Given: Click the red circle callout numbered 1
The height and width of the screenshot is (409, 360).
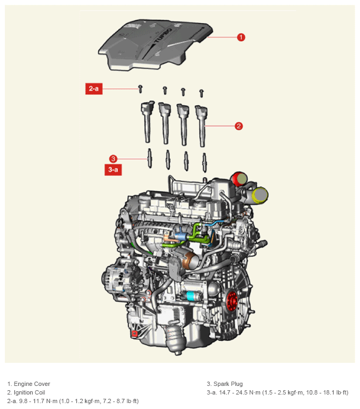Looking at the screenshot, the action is (241, 37).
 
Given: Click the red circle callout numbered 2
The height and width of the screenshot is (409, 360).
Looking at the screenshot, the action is (239, 126).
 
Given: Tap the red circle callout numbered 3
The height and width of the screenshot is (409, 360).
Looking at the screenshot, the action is (113, 159).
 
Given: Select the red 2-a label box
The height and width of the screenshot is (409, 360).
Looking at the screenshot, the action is (94, 89).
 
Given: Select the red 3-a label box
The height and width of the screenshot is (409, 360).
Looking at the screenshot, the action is (113, 170).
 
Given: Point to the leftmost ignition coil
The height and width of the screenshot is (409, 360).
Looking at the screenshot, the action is (148, 121).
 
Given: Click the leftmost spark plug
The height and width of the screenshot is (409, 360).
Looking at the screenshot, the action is (149, 158).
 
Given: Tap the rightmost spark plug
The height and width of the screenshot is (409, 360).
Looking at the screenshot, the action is (204, 163).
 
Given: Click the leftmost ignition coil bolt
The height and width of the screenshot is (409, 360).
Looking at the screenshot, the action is (140, 89).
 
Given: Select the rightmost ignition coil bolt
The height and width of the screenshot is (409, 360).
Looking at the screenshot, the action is (201, 93).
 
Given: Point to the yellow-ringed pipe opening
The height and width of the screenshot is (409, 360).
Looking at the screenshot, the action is (260, 195).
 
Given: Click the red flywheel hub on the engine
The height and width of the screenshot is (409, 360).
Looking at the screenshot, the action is (232, 301).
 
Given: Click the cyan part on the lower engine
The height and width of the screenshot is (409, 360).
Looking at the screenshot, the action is (191, 296).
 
